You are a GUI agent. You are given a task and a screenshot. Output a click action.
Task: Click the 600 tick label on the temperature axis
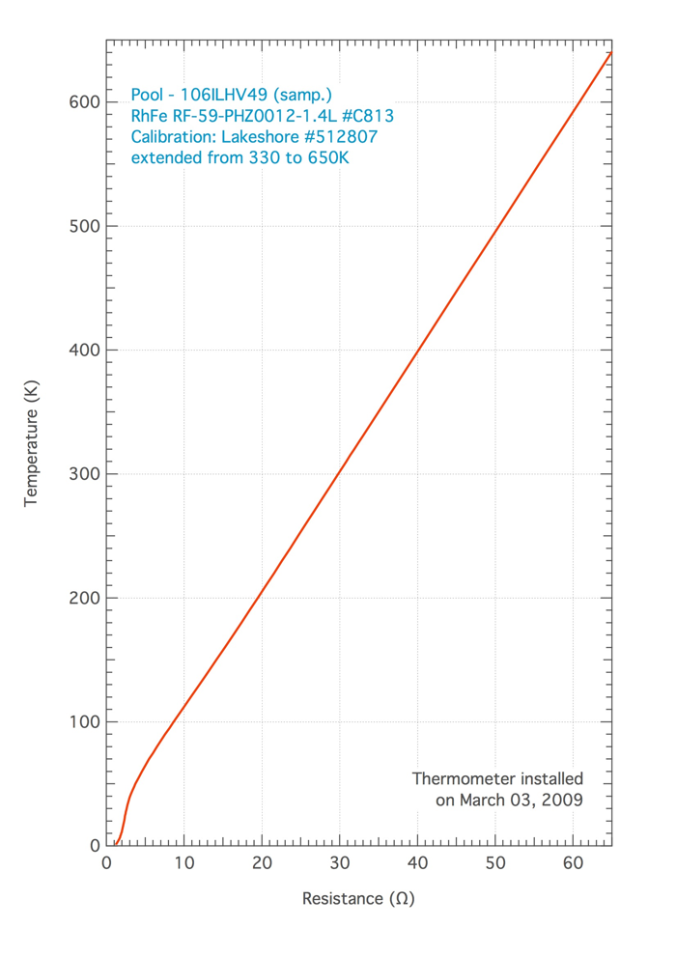[x=84, y=102]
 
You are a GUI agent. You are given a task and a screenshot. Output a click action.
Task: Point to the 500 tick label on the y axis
[x=84, y=226]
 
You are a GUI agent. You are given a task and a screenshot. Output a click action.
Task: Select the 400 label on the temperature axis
[x=84, y=351]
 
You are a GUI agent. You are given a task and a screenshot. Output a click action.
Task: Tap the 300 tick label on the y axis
[x=84, y=474]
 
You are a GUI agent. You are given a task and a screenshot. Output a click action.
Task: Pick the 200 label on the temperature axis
[x=84, y=598]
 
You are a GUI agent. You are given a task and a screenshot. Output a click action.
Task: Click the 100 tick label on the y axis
[x=84, y=721]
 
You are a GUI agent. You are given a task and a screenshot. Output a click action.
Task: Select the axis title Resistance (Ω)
[x=358, y=899]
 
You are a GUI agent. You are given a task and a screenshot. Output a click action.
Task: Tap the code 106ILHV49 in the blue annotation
[x=225, y=97]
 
